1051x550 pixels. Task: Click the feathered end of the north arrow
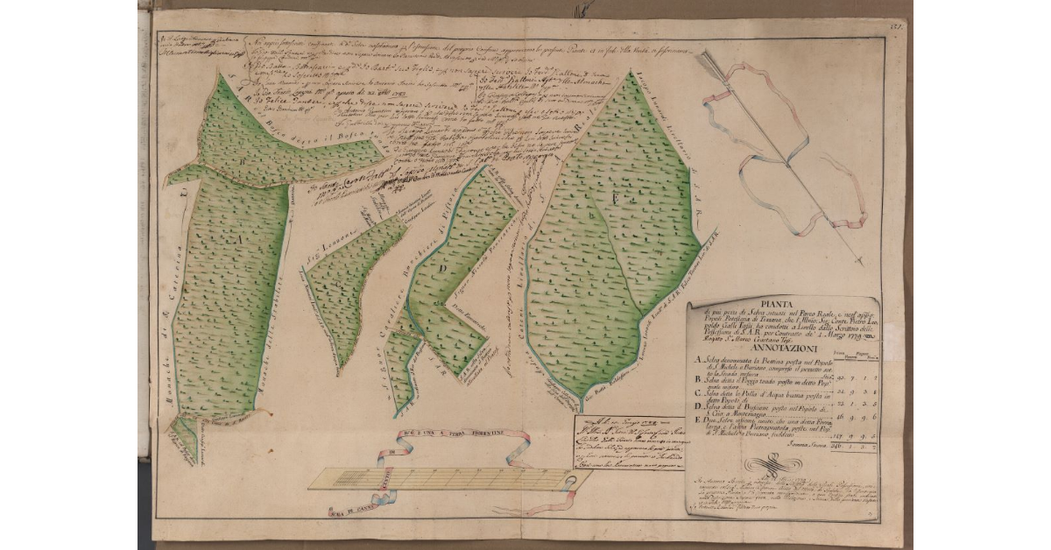[708, 60]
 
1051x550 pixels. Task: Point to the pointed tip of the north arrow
[862, 261]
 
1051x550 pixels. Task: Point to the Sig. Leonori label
[329, 247]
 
